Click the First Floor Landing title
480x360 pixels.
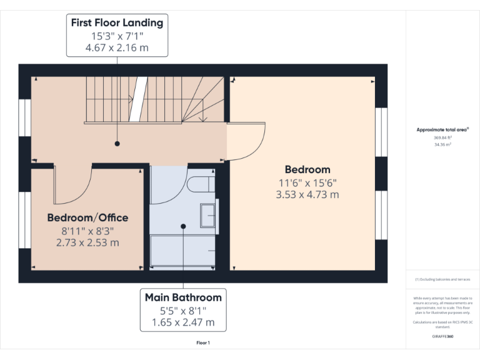tap(117, 23)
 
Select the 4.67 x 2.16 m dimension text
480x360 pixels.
tap(117, 47)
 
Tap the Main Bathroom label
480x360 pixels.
tap(183, 297)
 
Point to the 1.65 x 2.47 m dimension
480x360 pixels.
tap(183, 322)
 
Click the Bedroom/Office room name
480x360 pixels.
tap(87, 218)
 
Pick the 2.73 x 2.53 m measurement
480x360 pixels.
tap(87, 242)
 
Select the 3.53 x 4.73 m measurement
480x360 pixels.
tap(307, 194)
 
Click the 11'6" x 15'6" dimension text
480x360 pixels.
tap(307, 182)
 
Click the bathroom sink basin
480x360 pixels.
tap(207, 216)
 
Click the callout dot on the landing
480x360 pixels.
tap(117, 144)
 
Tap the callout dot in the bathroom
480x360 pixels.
tap(183, 226)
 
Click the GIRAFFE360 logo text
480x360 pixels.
tap(442, 336)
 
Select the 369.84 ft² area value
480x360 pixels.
tap(442, 137)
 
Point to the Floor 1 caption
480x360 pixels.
tap(203, 342)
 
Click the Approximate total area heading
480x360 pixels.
tap(442, 130)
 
